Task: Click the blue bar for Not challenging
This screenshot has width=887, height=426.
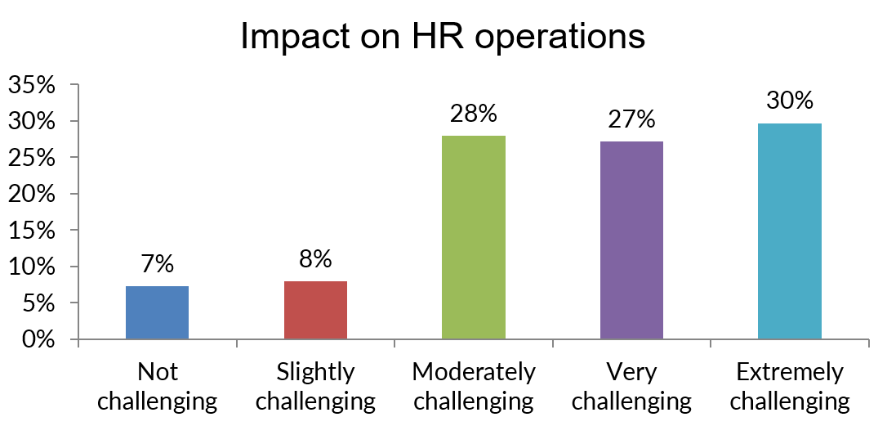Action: click(158, 312)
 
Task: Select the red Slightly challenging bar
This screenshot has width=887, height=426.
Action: click(315, 310)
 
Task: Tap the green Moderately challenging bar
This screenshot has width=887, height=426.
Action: click(473, 237)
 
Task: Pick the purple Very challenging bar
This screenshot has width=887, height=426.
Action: click(631, 240)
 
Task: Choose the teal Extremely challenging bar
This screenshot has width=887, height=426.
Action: click(789, 231)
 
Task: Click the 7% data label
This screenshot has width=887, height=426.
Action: click(158, 265)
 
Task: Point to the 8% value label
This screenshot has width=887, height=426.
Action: click(315, 260)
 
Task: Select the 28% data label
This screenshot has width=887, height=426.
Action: click(473, 114)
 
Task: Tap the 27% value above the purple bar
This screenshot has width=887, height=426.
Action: click(631, 119)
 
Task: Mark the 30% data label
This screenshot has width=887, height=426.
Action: click(789, 101)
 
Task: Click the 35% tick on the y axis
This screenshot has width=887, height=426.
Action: click(33, 86)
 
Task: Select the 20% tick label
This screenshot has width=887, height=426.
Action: click(33, 195)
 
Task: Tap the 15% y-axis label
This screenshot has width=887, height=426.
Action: click(33, 231)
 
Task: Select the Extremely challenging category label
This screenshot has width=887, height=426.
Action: click(789, 387)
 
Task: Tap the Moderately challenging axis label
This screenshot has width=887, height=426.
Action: click(474, 387)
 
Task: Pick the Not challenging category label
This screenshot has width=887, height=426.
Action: click(158, 387)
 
